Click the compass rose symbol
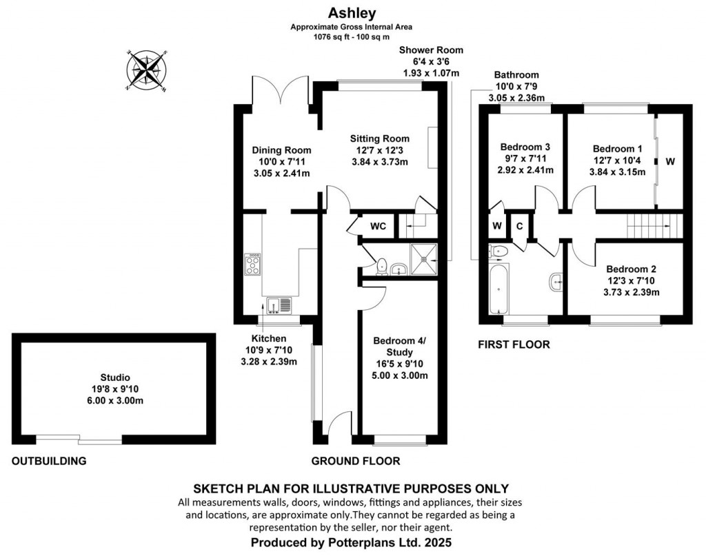pyautogui.click(x=146, y=70)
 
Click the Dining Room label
pyautogui.click(x=281, y=150)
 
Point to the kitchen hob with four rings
pyautogui.click(x=253, y=265)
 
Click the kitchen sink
pyautogui.click(x=279, y=304)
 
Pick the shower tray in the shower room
pyautogui.click(x=423, y=258)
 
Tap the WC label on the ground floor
pyautogui.click(x=378, y=226)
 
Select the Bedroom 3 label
pyautogui.click(x=525, y=147)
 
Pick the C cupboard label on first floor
pyautogui.click(x=518, y=225)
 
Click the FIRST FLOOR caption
pyautogui.click(x=514, y=344)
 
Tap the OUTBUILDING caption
pyautogui.click(x=48, y=461)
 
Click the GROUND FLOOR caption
pyautogui.click(x=355, y=461)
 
